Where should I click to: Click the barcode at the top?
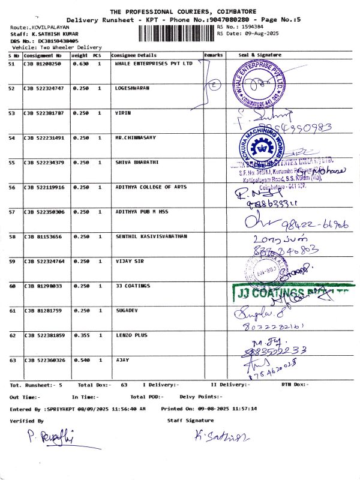(176, 33)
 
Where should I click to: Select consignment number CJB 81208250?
(42, 64)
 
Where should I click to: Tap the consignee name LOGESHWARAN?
(132, 88)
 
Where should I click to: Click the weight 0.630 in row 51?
(80, 64)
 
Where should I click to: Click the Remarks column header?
(214, 55)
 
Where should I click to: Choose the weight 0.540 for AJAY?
(80, 360)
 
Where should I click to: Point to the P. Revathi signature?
(51, 439)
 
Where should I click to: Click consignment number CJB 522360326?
(44, 360)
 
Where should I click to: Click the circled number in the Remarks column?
(213, 85)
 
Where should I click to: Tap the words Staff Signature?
(190, 421)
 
